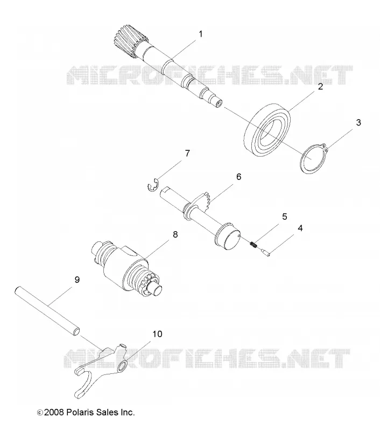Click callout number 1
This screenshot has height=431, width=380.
(x=200, y=34)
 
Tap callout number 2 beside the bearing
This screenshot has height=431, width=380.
(x=320, y=87)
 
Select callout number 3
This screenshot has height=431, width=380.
(x=358, y=123)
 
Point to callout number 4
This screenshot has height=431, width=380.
(x=300, y=228)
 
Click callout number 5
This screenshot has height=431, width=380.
(x=284, y=217)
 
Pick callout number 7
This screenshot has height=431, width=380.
(x=187, y=154)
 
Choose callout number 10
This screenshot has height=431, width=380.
(x=157, y=334)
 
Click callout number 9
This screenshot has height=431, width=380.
(x=77, y=280)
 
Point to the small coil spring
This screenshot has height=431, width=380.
(x=254, y=244)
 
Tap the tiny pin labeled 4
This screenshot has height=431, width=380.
(x=265, y=252)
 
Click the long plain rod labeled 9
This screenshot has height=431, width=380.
(x=47, y=311)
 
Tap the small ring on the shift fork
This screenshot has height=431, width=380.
(x=122, y=367)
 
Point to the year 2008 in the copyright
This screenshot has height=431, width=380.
(x=54, y=412)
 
